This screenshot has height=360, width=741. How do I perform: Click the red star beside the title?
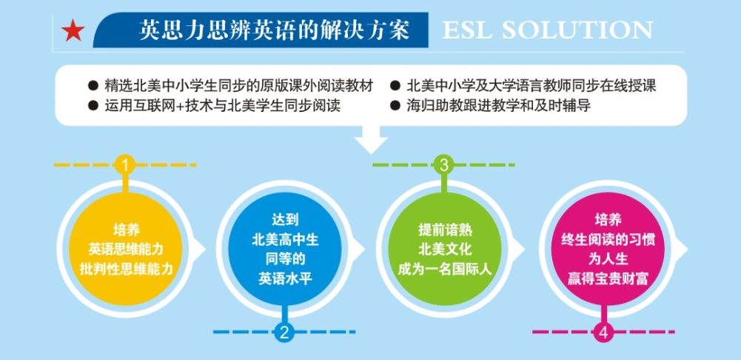coord(73,30)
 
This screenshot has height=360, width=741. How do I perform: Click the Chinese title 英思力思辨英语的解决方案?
coord(275,30)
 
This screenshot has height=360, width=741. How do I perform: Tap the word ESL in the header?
coord(467,30)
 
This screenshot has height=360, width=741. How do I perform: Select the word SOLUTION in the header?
coord(579,30)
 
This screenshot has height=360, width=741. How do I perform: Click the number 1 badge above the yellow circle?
coord(125,164)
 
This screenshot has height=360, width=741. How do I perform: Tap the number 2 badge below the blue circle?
coord(284,332)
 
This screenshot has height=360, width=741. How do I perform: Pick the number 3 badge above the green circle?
coord(443,164)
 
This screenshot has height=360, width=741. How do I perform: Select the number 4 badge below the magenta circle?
coord(603,332)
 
